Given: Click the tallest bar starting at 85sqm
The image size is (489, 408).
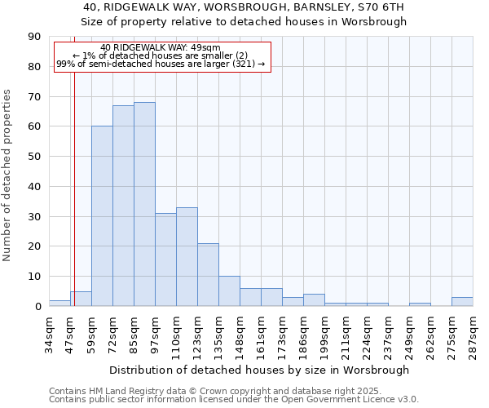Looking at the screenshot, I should point(144,204).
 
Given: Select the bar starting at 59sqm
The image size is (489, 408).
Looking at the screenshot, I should point(102,216).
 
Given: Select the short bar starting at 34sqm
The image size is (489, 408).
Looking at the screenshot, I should point(59,304).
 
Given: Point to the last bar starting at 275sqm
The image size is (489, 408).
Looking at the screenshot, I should point(462,302).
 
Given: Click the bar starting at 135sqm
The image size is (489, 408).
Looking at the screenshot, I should point(229,291).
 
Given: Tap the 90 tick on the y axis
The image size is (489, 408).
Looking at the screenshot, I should point(35,37).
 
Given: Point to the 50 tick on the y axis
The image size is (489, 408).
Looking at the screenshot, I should point(35,157).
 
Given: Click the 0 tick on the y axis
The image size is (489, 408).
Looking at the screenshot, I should point(38,307).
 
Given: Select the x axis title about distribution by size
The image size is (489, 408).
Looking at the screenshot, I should point(259,370).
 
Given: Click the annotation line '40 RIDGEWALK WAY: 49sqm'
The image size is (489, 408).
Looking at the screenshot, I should point(161,48).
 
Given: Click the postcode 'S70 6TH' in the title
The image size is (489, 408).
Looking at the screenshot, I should point(382,7).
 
